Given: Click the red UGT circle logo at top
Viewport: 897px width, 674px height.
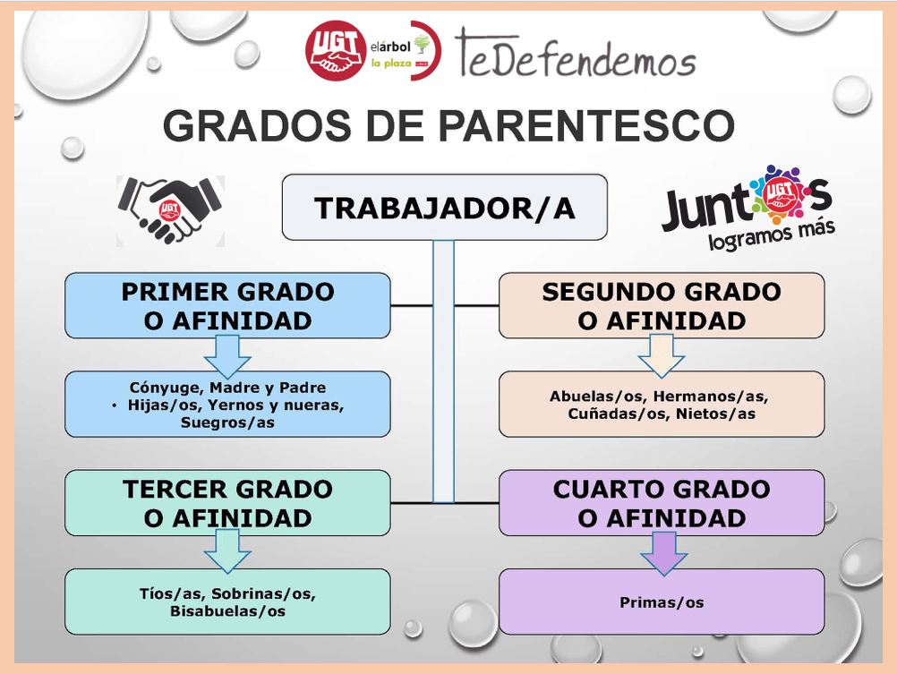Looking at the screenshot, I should click(x=336, y=51).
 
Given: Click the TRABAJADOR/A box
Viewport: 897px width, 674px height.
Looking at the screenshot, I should click(x=444, y=208).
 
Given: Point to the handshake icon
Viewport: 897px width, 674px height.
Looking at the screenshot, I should click(x=169, y=209).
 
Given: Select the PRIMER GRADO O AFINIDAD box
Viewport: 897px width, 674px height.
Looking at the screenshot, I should click(x=227, y=306).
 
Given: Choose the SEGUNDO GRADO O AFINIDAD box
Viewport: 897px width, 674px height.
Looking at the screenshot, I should click(x=661, y=306).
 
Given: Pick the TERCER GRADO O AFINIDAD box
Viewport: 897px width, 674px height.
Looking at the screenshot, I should click(x=227, y=503).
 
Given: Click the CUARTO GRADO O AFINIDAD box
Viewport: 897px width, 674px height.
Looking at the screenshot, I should click(x=661, y=503).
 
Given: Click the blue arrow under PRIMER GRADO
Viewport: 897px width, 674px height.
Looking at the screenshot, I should click(x=227, y=355).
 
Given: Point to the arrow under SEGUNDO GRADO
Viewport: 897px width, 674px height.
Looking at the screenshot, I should click(x=661, y=355).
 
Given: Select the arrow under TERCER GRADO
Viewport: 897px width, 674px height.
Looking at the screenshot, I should click(x=227, y=551).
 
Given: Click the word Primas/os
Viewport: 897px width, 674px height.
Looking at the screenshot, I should click(x=662, y=602).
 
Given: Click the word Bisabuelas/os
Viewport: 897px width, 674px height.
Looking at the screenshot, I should click(x=227, y=611).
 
